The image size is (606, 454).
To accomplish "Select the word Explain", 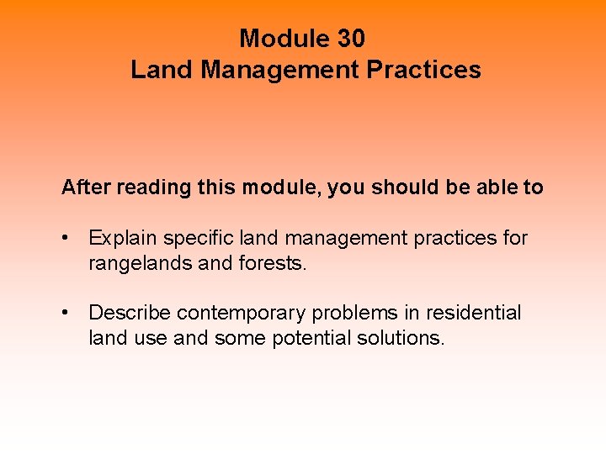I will [x=123, y=239].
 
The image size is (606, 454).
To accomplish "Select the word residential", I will [x=474, y=314].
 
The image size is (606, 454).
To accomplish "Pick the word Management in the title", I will [x=280, y=70].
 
